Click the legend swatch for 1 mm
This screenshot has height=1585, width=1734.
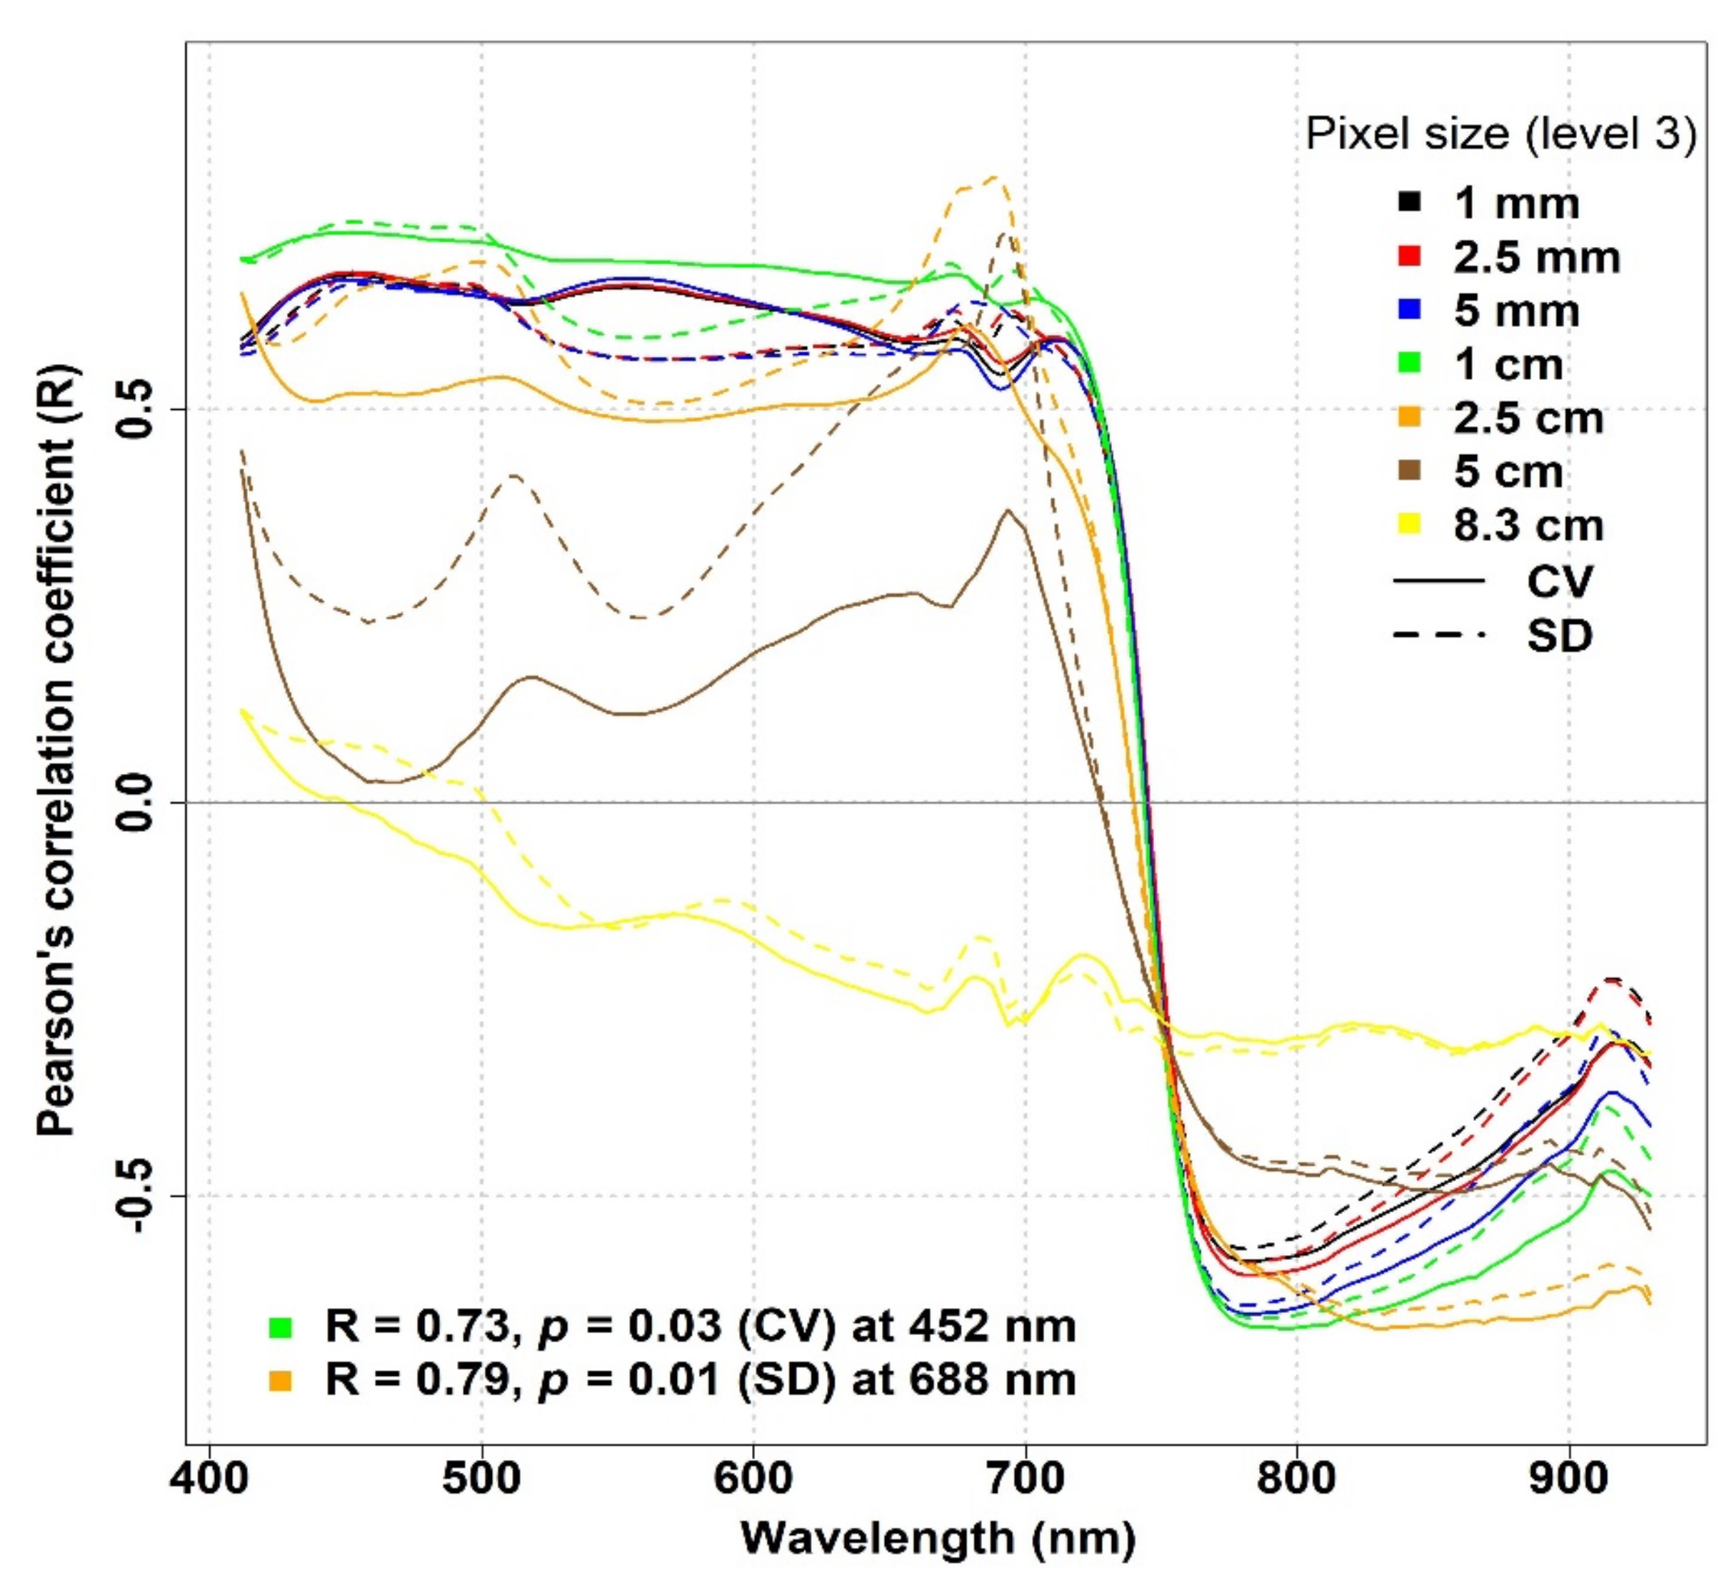point(1409,202)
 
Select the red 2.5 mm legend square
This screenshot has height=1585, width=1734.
point(1409,256)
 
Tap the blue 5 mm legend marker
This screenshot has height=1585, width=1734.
point(1409,310)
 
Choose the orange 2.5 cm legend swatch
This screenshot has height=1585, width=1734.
point(1409,417)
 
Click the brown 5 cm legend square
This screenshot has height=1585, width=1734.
point(1409,471)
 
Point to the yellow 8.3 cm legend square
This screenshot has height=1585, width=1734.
point(1409,525)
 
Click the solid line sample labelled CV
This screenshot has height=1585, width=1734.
point(1438,581)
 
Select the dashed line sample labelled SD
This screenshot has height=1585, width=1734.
point(1438,635)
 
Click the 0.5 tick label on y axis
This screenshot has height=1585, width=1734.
point(135,409)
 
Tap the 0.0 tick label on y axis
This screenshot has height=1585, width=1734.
point(135,802)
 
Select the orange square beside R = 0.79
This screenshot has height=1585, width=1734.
point(281,1380)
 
